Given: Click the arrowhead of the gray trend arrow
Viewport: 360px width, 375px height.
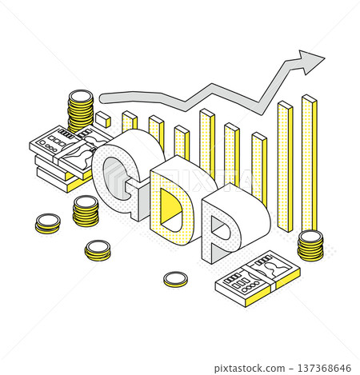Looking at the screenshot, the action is tap(310, 62).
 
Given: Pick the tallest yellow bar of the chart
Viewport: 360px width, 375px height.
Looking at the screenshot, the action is tap(310, 162).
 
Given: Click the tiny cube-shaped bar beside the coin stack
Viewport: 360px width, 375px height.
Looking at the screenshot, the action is tap(103, 119).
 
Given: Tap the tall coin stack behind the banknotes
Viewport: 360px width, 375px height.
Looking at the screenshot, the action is tap(81, 110).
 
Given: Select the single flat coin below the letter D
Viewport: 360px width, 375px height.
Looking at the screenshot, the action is tap(175, 279).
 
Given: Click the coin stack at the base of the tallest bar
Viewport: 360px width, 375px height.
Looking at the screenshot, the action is tap(310, 245).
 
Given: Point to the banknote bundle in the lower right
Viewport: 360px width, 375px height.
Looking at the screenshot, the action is tap(258, 278).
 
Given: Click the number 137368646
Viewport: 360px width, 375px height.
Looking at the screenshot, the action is tap(324, 369).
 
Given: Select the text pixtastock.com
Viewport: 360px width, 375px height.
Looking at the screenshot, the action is tap(250, 369).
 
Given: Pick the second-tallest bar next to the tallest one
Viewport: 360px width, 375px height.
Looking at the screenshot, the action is tap(285, 166).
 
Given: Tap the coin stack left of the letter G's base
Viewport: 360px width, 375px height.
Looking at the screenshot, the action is tap(86, 211).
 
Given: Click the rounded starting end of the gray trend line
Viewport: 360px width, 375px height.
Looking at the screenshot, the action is tap(103, 98).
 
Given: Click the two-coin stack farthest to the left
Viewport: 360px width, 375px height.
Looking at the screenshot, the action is tap(48, 224).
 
